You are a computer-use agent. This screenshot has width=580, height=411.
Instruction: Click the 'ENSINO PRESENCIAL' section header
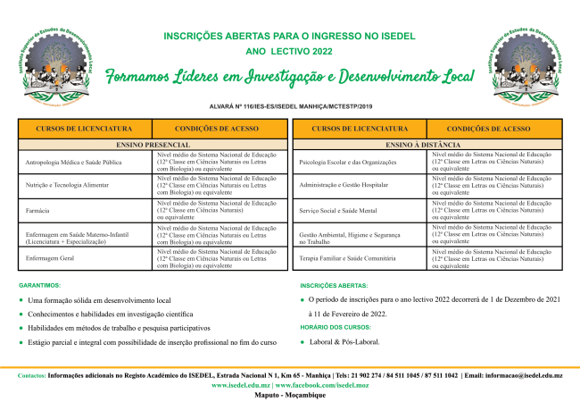(153, 144)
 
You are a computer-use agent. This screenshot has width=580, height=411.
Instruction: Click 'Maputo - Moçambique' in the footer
(290, 394)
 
